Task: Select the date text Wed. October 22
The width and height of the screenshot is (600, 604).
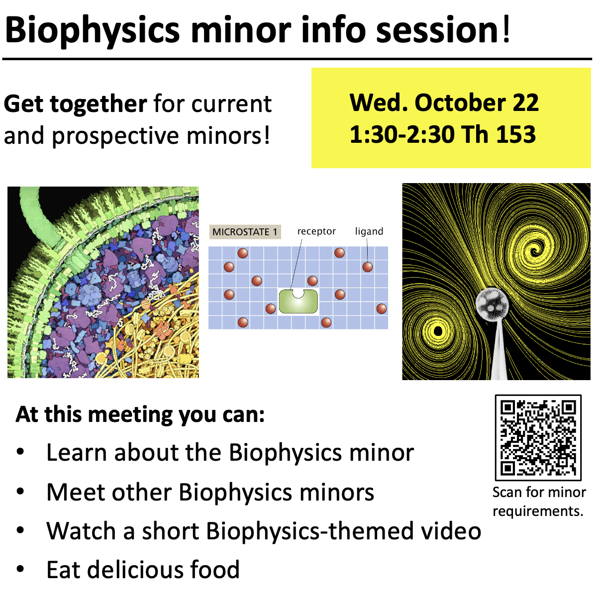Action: point(444,102)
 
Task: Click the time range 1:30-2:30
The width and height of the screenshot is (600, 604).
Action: point(401,134)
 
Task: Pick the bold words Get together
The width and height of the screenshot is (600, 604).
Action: point(75,103)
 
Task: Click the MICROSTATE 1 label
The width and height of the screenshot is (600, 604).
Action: point(244,232)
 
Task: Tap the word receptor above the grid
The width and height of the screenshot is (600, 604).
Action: point(316,231)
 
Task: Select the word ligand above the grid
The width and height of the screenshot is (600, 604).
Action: point(369,231)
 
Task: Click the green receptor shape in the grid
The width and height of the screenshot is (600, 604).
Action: point(298,302)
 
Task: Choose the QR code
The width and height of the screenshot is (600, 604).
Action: point(538,437)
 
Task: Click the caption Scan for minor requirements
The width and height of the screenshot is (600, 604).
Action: point(539,502)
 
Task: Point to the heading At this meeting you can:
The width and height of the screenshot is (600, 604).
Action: point(140,414)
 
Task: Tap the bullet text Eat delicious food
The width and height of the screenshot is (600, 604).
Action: point(143,570)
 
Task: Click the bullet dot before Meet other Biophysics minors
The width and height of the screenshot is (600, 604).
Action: point(20,492)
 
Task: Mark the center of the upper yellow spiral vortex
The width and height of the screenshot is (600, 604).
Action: point(535,247)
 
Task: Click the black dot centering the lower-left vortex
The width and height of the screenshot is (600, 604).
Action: point(438,331)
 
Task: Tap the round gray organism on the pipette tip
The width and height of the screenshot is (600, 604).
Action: point(492,305)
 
